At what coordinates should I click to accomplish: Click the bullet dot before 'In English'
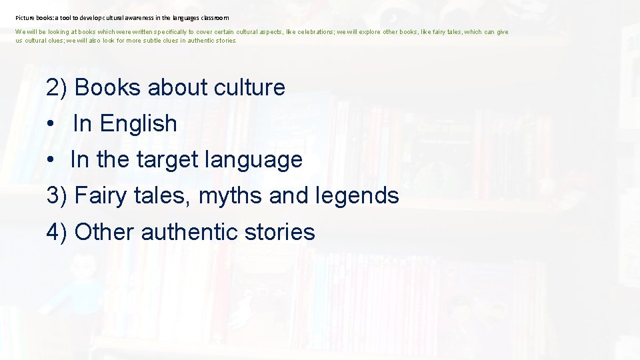51,124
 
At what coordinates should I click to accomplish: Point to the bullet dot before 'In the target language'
51,160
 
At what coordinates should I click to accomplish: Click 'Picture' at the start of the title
25,18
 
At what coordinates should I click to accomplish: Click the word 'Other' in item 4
105,232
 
